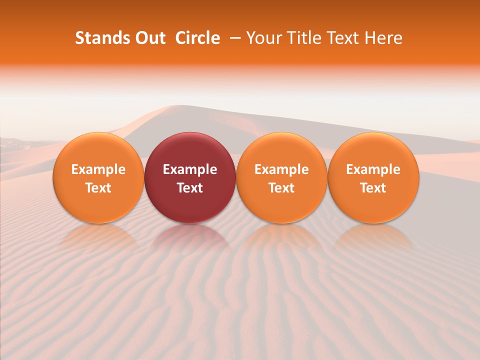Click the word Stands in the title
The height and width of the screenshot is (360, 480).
coord(102,38)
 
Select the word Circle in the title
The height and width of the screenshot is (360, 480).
coord(197,38)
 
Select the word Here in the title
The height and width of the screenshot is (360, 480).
coord(384,38)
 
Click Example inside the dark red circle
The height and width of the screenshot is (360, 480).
coord(190,169)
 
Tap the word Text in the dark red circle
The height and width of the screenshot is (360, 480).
coord(190,188)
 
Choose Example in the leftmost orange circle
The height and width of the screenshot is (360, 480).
coord(98,169)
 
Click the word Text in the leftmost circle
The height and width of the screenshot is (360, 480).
coord(98,188)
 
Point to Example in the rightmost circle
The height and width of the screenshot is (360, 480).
coord(373,169)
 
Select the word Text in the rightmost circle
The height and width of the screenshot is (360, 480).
coord(373,188)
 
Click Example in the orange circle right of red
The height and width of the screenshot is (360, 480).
coord(281,169)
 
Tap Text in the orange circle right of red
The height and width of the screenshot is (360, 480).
coord(281,188)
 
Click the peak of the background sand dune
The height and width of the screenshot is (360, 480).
coord(175,106)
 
